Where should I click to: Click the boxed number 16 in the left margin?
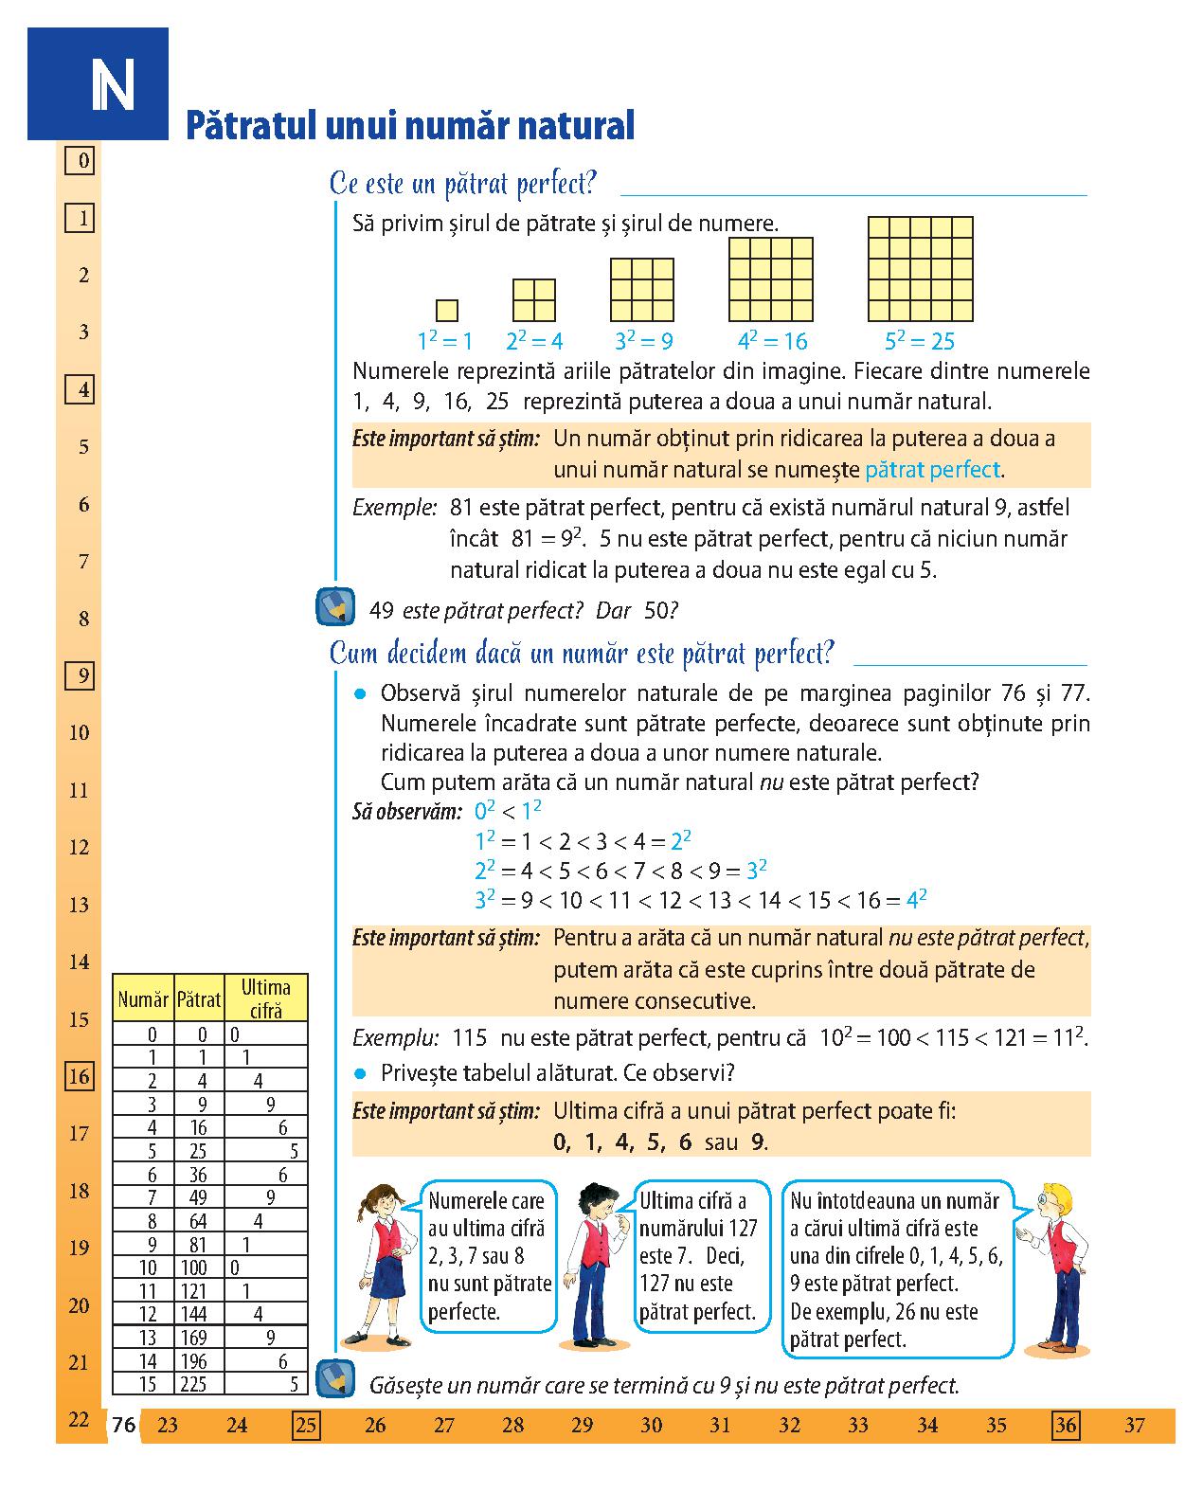click(x=80, y=1076)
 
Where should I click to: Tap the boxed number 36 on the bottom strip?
click(x=1066, y=1425)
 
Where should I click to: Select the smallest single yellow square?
click(x=447, y=310)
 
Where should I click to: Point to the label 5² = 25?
click(x=919, y=341)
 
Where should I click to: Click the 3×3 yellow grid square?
click(x=642, y=290)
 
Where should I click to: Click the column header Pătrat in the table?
click(x=198, y=998)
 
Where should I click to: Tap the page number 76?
click(x=123, y=1425)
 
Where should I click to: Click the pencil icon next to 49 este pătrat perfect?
click(x=334, y=608)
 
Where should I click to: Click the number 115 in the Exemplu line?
click(x=470, y=1037)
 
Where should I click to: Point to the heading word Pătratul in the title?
click(x=248, y=126)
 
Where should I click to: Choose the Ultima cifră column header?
click(x=265, y=998)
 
